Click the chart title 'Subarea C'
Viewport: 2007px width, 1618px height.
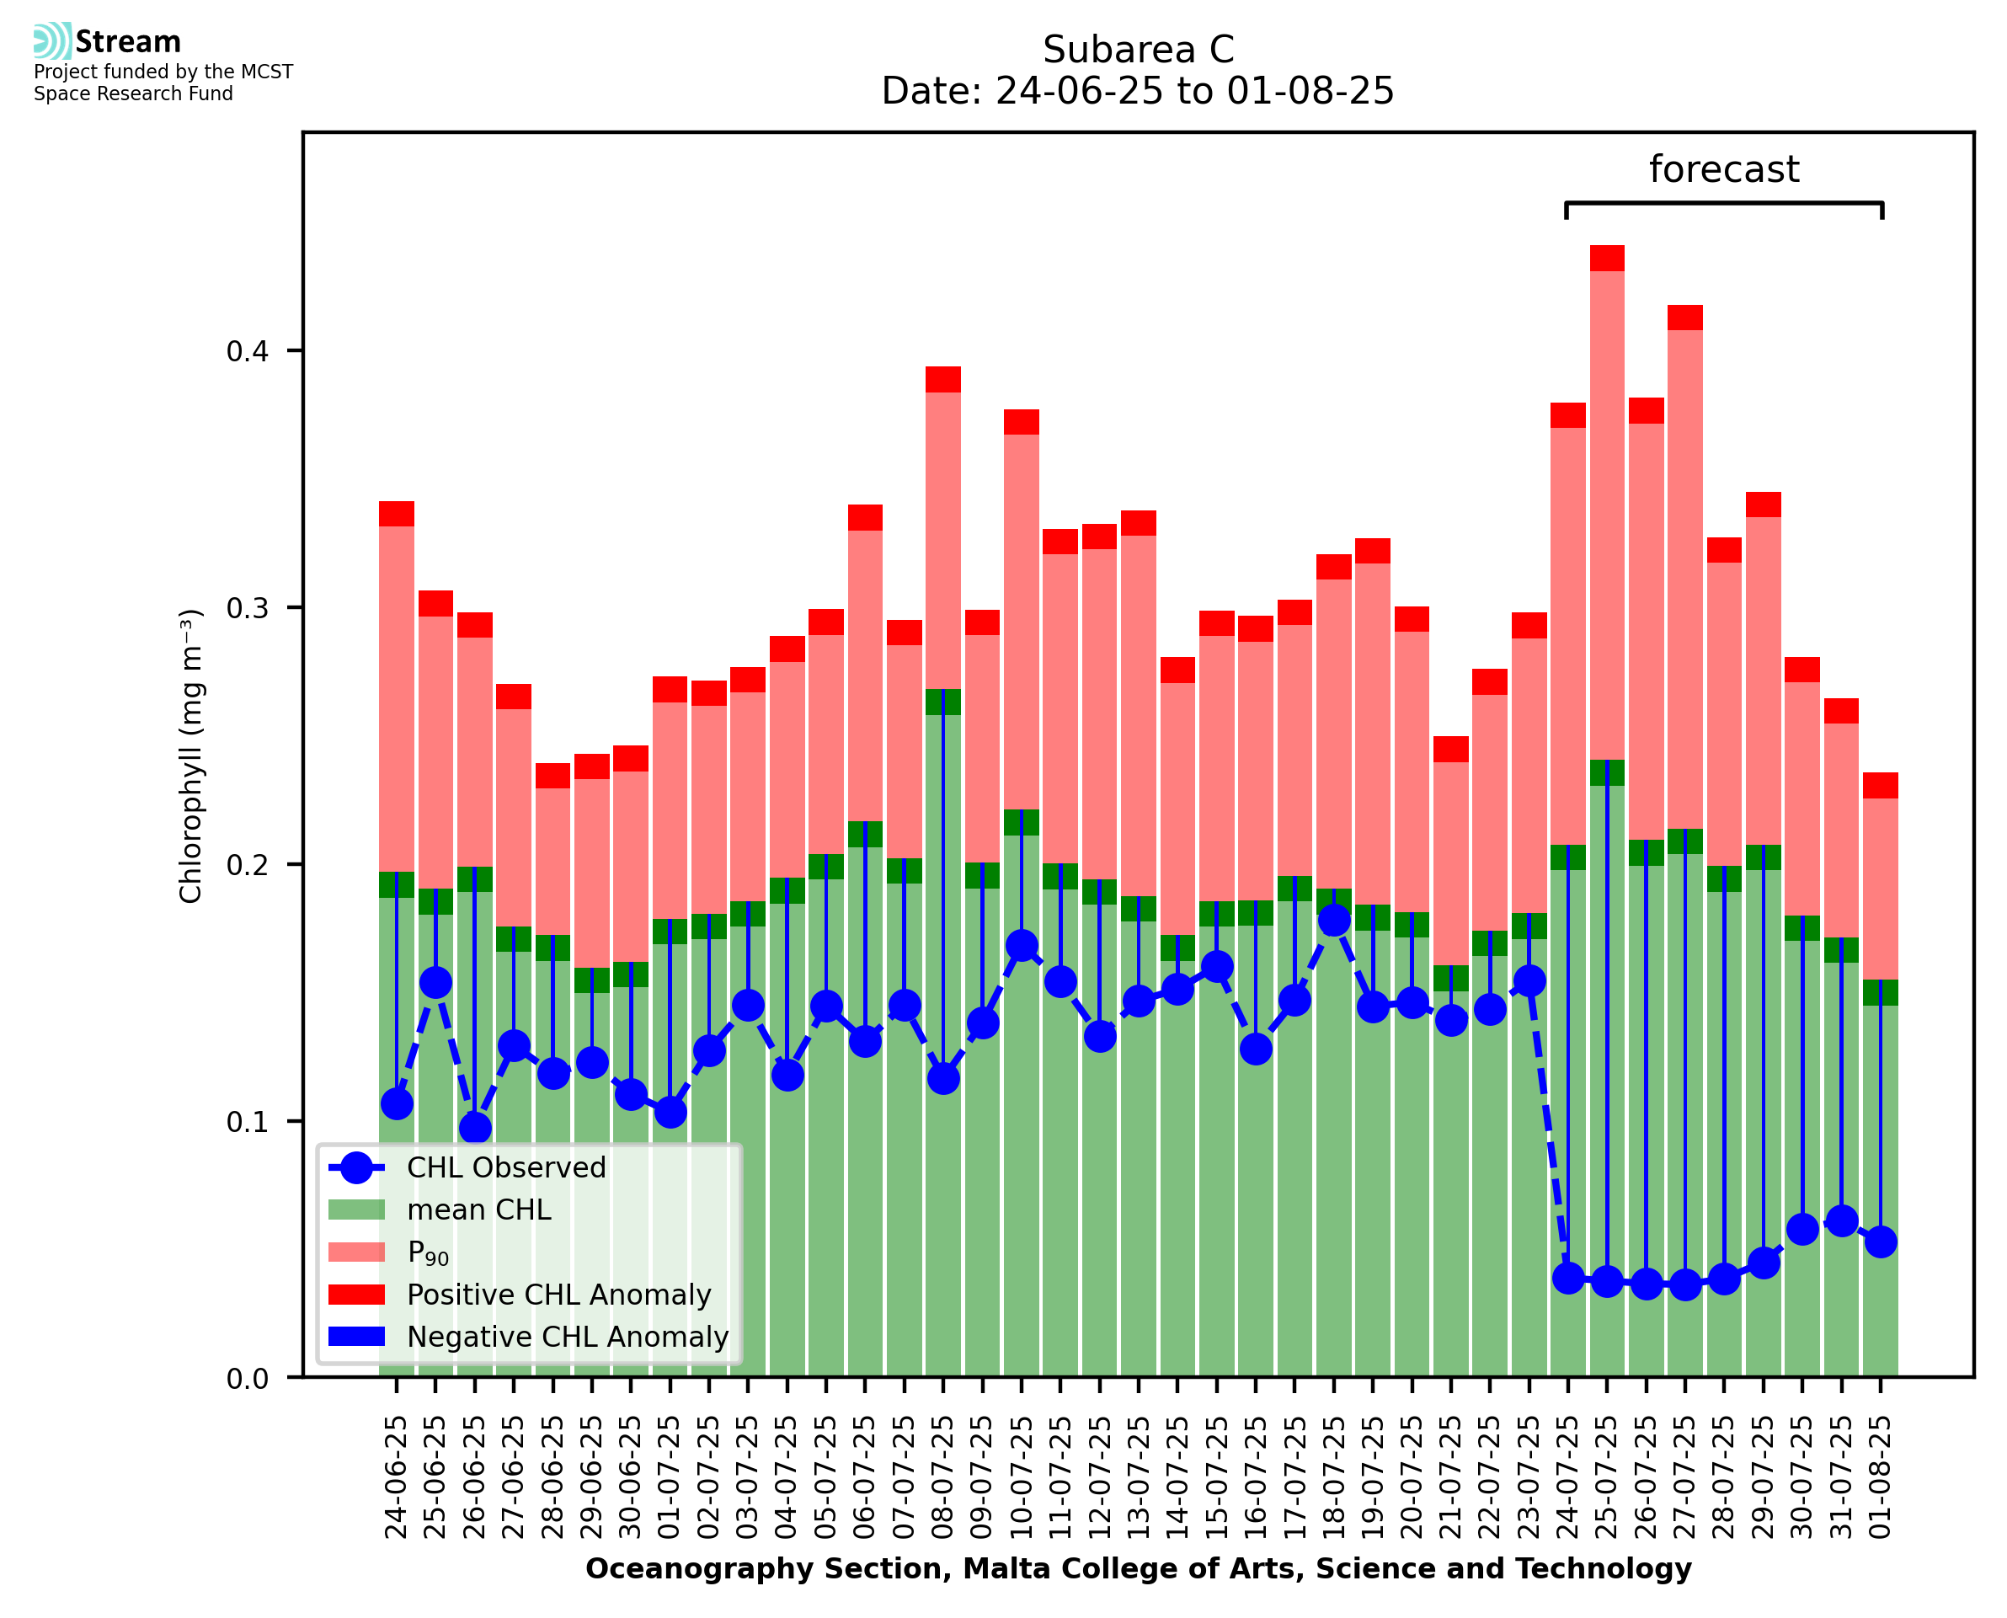pyautogui.click(x=1138, y=50)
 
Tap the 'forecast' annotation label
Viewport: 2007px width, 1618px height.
pyautogui.click(x=1723, y=169)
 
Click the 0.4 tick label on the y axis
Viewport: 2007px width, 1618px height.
pyautogui.click(x=247, y=351)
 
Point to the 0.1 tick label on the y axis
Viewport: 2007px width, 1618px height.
pyautogui.click(x=247, y=1121)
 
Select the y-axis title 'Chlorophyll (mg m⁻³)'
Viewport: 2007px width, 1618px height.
pyautogui.click(x=190, y=756)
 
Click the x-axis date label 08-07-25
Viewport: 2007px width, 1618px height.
pyautogui.click(x=943, y=1476)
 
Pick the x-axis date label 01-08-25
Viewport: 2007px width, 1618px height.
pyautogui.click(x=1881, y=1476)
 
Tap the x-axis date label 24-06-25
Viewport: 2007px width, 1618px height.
pyautogui.click(x=397, y=1476)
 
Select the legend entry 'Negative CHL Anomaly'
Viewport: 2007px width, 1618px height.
pyautogui.click(x=567, y=1337)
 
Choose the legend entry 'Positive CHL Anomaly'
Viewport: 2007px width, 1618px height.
pyautogui.click(x=558, y=1295)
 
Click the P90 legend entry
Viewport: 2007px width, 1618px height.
pyautogui.click(x=428, y=1252)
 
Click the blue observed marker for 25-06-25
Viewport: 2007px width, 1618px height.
pyautogui.click(x=436, y=982)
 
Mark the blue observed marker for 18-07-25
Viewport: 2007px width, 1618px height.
pyautogui.click(x=1333, y=921)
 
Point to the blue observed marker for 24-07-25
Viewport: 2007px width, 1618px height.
pyautogui.click(x=1568, y=1278)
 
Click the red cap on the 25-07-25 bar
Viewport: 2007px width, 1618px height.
pyautogui.click(x=1607, y=259)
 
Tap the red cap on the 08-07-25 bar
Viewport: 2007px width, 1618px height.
pyautogui.click(x=943, y=379)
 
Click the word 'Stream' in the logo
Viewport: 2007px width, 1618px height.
pyautogui.click(x=128, y=42)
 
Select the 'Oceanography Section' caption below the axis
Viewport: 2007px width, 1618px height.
pyautogui.click(x=1138, y=1569)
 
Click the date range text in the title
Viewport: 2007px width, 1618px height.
pyautogui.click(x=1138, y=91)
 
